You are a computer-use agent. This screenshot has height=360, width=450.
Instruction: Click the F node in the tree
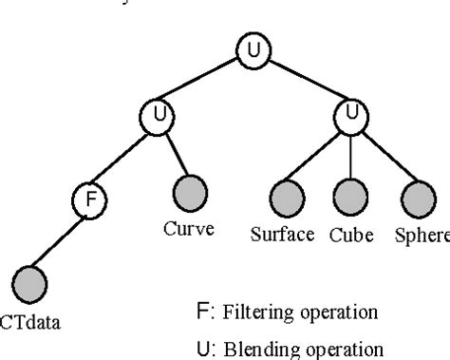[88, 200]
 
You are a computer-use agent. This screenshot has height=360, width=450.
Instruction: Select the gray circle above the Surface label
[288, 199]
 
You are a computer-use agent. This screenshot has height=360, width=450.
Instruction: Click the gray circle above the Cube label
[352, 199]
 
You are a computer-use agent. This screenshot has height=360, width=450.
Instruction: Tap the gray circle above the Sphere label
[417, 199]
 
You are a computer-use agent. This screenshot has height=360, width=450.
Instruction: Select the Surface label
[283, 234]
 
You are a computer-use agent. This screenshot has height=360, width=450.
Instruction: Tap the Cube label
[350, 234]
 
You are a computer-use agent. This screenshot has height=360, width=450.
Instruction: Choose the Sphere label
[421, 234]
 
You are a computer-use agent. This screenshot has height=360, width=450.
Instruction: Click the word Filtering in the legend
[249, 311]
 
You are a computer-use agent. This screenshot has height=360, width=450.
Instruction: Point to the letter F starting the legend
[199, 311]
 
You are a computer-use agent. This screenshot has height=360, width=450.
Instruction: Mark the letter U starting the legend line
[200, 347]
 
